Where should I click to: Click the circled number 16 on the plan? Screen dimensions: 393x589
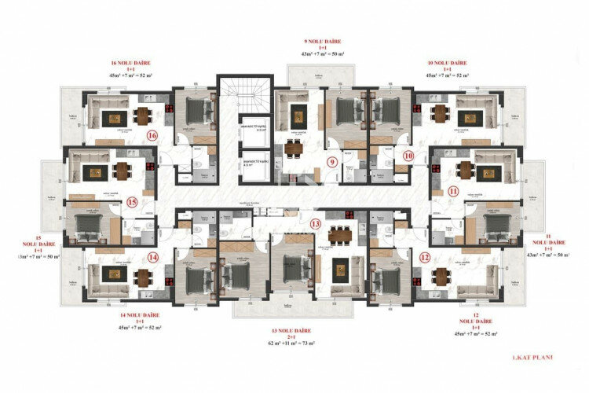coord(152,136)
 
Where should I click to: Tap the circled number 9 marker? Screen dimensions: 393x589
coord(332,163)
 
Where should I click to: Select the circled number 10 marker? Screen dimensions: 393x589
coord(408,156)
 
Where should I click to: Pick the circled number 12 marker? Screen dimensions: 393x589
coord(424,257)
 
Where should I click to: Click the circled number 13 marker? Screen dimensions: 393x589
coord(316,224)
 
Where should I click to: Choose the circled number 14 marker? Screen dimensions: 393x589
coord(152,257)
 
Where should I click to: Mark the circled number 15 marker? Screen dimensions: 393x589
coord(131,202)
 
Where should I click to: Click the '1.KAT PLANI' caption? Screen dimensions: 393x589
coord(532,358)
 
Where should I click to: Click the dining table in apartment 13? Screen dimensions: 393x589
coord(339,233)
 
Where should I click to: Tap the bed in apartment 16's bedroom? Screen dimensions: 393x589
coord(196,106)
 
